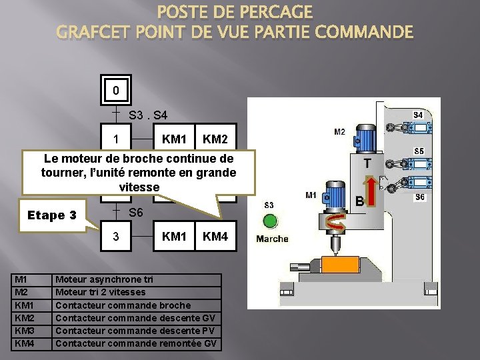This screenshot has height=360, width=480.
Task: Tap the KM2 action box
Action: tap(215, 140)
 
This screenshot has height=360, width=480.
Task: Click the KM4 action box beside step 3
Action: tap(215, 236)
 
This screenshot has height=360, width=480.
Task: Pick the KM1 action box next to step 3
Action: tap(173, 236)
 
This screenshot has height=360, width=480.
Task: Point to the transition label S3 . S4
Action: tap(153, 115)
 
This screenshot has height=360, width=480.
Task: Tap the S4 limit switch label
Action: tap(418, 115)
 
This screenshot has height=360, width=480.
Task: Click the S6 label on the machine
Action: tap(419, 197)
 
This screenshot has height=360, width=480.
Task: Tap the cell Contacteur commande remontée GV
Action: tap(137, 344)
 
